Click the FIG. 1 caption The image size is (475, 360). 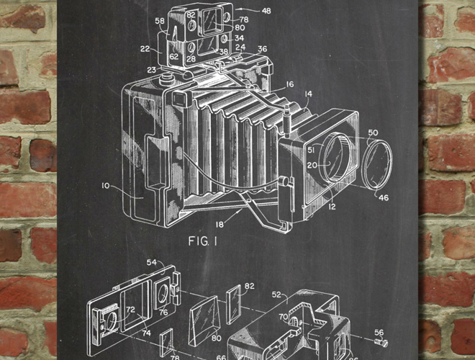click(x=204, y=240)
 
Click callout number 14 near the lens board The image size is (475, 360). click(x=307, y=94)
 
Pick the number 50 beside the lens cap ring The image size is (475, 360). click(x=373, y=133)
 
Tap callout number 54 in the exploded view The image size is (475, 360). click(x=152, y=263)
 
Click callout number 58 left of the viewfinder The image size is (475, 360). click(x=160, y=22)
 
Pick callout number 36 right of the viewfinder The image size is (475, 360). click(x=262, y=49)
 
